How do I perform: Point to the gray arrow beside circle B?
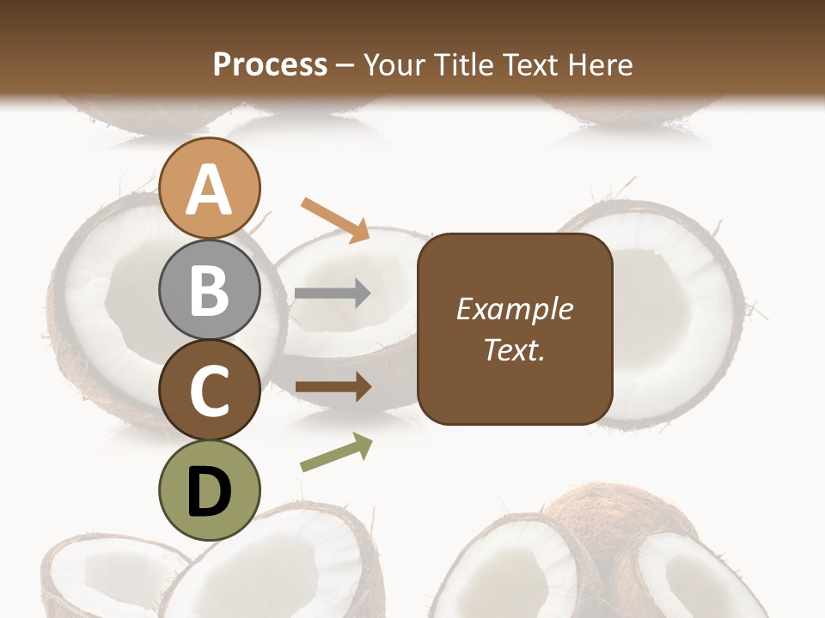pos(333,294)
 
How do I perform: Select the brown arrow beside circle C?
pos(333,387)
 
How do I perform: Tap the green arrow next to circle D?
pos(336,451)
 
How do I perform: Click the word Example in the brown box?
pos(514,309)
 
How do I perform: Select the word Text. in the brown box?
pos(514,350)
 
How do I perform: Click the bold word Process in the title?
pos(270,64)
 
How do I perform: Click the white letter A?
pos(209,190)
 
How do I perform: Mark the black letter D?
pos(209,492)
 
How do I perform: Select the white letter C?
pos(209,391)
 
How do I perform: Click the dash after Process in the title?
pos(345,65)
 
